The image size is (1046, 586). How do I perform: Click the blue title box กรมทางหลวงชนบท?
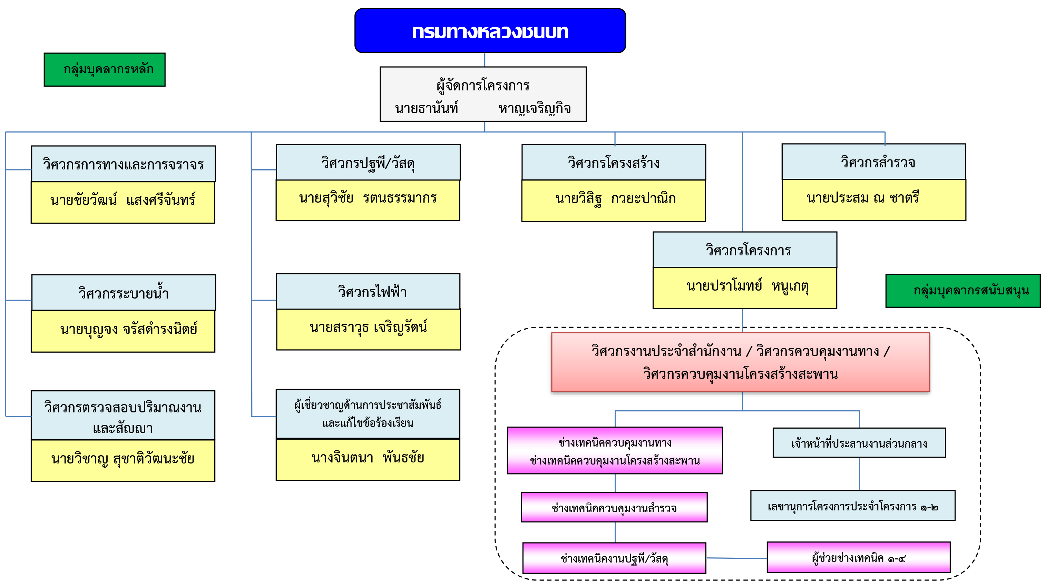(x=490, y=31)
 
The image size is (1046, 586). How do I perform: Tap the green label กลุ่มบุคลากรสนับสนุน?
(x=962, y=290)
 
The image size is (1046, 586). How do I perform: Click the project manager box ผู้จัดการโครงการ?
(x=483, y=94)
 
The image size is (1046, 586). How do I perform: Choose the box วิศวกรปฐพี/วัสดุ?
(x=368, y=163)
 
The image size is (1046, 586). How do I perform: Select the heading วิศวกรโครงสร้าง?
(x=613, y=163)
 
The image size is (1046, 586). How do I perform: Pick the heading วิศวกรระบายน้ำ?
(x=124, y=293)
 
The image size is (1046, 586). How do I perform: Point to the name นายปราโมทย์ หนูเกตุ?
(x=744, y=287)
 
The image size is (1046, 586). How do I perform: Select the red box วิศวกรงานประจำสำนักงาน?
(x=740, y=362)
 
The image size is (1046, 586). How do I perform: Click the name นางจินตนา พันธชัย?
(x=368, y=459)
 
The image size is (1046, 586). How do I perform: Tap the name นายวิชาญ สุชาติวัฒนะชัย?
(x=123, y=460)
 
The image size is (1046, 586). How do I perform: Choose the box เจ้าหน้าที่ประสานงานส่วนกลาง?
(x=859, y=443)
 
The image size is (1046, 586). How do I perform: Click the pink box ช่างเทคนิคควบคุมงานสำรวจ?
(x=614, y=507)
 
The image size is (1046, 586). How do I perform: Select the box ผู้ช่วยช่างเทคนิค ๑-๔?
(x=858, y=558)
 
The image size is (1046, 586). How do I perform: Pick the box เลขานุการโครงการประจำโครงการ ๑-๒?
(x=853, y=506)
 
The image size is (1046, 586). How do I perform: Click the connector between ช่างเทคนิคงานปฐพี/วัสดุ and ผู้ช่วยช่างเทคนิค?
(x=736, y=558)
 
